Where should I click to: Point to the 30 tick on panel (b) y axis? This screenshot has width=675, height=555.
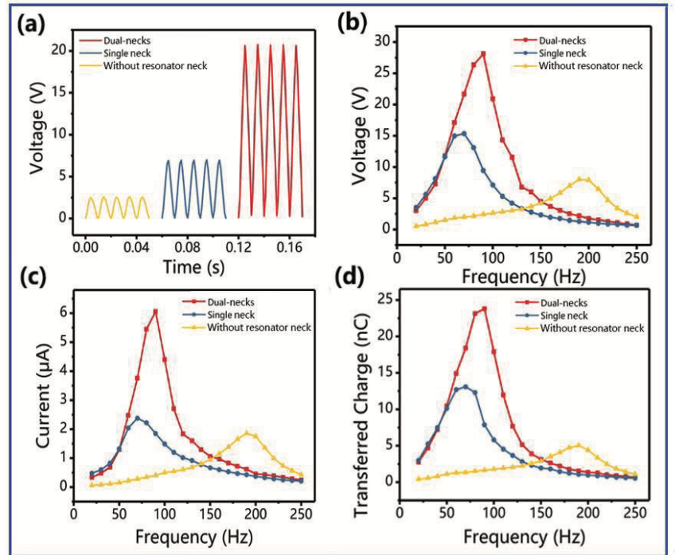380,41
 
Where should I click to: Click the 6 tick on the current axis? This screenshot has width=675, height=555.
64,313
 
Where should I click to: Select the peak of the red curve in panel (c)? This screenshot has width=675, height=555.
155,311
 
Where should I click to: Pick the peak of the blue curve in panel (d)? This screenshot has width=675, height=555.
465,386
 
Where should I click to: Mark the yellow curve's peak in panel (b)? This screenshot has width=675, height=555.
583,178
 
